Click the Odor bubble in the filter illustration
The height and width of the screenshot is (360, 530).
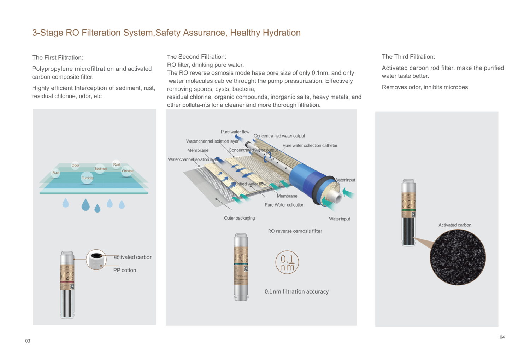point(75,165)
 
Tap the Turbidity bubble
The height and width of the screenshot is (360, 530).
point(87,178)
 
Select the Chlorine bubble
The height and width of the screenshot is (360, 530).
point(127,171)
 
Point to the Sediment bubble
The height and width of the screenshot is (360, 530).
point(101,169)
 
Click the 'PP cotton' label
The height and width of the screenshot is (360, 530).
point(124,270)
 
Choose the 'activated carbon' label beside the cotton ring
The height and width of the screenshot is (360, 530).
point(133,257)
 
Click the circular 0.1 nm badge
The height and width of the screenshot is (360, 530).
point(287,262)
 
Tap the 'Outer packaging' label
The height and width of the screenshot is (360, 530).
point(239,218)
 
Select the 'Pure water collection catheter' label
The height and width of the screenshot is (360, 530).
point(310,145)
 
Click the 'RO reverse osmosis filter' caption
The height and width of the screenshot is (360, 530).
point(295,231)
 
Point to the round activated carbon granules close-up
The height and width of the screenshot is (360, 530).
point(458,257)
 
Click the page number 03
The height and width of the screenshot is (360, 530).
point(28,341)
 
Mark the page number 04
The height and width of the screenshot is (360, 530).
point(502,337)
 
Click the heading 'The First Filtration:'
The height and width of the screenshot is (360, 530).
point(58,58)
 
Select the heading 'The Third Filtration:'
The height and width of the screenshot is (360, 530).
point(408,57)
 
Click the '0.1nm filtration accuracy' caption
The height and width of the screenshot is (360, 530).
point(296,291)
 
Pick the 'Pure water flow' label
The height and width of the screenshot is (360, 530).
point(235,132)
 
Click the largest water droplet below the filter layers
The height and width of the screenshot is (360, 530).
point(86,205)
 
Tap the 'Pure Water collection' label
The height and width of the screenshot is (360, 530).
point(284,205)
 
